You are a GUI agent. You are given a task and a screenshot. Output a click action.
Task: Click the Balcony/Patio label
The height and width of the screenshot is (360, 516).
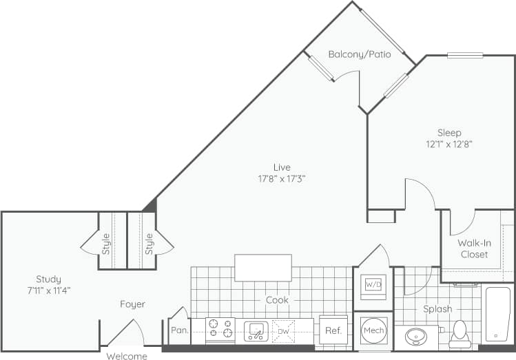[360, 54]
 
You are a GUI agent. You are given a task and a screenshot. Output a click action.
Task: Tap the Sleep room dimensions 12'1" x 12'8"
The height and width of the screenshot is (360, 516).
[448, 145]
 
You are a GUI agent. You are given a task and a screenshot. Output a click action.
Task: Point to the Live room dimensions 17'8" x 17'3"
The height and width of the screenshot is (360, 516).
[281, 178]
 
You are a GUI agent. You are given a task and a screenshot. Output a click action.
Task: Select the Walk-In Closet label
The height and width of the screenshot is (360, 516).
[473, 248]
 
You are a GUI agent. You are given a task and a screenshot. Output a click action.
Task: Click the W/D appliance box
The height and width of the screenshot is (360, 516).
[373, 284]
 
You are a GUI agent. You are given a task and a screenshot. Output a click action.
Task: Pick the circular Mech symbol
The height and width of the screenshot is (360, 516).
[373, 331]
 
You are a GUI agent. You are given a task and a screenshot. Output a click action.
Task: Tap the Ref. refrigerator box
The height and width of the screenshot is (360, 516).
[333, 330]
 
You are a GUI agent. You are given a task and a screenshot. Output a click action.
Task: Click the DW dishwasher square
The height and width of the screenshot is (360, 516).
[283, 331]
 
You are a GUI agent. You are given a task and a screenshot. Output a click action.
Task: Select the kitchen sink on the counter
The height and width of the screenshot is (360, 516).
[256, 331]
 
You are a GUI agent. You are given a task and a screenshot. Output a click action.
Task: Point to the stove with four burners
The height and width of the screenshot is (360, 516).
[220, 330]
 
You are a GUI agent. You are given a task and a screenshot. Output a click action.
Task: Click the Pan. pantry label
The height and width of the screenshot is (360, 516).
[180, 330]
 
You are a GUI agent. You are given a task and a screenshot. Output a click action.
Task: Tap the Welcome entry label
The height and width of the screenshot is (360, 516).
[127, 356]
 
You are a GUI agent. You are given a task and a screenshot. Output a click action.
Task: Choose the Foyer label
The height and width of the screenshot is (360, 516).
[132, 304]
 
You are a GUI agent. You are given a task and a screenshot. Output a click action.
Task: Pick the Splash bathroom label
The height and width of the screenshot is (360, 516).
[437, 309]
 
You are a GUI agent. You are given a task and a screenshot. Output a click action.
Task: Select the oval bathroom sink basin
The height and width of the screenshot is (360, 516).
[416, 337]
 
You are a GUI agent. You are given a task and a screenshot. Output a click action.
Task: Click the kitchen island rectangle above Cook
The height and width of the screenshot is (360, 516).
[263, 268]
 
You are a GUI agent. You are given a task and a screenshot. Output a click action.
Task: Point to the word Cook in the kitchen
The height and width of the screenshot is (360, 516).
[277, 300]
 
